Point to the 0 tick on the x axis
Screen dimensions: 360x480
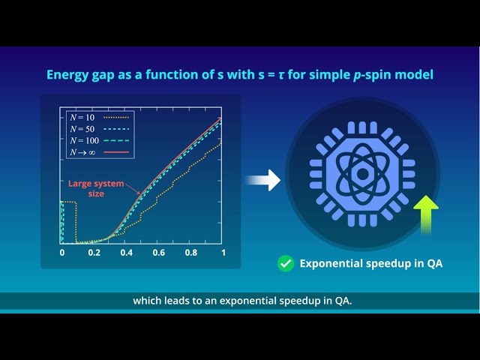point(62,253)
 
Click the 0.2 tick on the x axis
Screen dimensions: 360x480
point(94,253)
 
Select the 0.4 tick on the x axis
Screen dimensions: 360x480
point(126,253)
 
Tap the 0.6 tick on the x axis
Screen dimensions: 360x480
point(158,253)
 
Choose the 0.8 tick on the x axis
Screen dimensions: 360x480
point(190,253)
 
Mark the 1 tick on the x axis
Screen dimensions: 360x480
point(223,253)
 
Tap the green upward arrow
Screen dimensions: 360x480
point(426,213)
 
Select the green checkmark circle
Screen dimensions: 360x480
point(285,263)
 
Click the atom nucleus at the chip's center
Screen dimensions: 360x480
point(361,174)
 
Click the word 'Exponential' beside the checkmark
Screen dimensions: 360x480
point(330,263)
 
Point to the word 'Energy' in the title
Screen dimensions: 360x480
point(67,75)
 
